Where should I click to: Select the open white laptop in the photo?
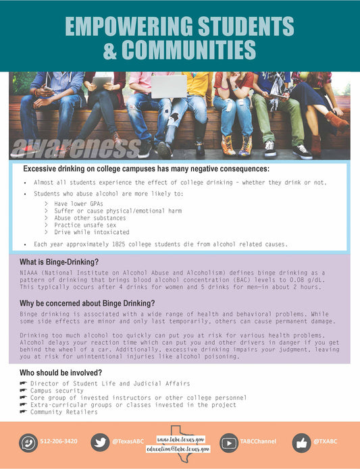click(x=168, y=86)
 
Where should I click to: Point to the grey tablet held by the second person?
click(x=102, y=82)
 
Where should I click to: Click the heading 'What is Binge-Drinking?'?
click(x=59, y=262)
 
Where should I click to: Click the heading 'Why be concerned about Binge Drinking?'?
click(x=87, y=303)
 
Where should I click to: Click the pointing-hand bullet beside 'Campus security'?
click(x=24, y=391)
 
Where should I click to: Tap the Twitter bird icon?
click(x=100, y=443)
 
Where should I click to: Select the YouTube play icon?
click(x=229, y=443)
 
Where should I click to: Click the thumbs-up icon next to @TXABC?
click(x=301, y=443)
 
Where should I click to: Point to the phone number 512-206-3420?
click(x=59, y=441)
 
